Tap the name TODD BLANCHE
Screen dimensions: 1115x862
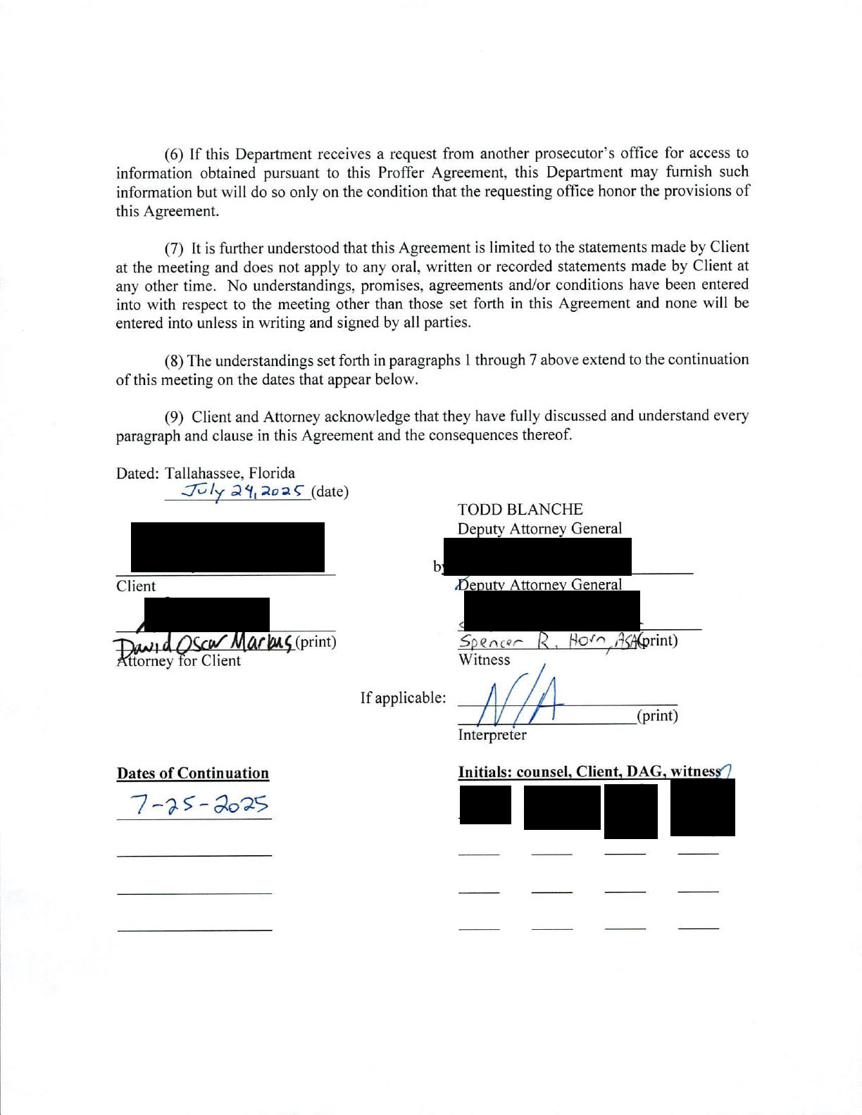[x=520, y=509]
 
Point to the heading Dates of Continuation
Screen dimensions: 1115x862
[x=193, y=773]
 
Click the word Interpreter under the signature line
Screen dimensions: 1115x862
[x=492, y=735]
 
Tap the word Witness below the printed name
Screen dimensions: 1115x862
[x=484, y=660]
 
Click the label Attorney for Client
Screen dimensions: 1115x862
[x=179, y=661]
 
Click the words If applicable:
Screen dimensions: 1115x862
[x=403, y=698]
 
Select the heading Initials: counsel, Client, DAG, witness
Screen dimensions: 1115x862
[x=590, y=771]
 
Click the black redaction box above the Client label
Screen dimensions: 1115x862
[x=227, y=547]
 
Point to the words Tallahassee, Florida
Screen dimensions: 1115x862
[x=230, y=473]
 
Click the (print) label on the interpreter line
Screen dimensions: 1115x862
[x=657, y=716]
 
